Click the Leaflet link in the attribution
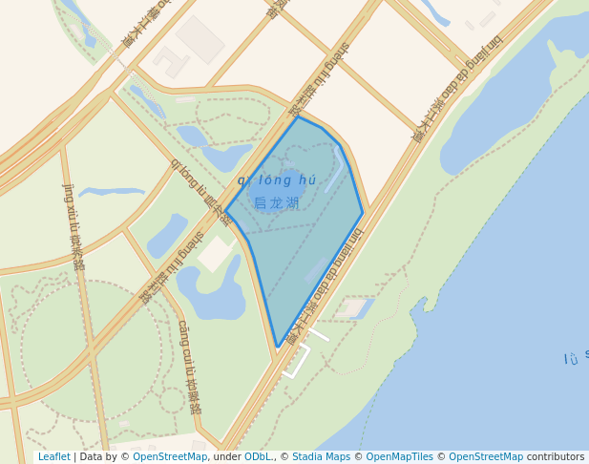(53, 457)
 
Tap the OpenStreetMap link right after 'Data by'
(170, 457)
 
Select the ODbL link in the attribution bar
(257, 457)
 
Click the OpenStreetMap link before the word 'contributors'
(486, 457)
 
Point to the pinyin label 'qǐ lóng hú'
(277, 180)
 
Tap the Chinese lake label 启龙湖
(277, 203)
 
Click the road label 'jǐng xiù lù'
(74, 225)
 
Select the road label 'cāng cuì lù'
(188, 366)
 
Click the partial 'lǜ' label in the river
(571, 359)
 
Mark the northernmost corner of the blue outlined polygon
(298, 116)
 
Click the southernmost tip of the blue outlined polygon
(277, 347)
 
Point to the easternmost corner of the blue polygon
(363, 213)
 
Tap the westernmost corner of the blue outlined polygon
(225, 209)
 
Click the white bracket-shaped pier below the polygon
(298, 362)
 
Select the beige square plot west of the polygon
(216, 253)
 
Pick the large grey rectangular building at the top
(200, 38)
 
